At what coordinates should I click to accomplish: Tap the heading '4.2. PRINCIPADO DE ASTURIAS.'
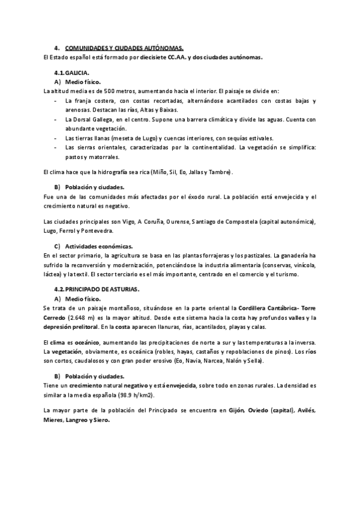(97, 289)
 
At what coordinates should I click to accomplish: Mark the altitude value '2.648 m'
(83, 317)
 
